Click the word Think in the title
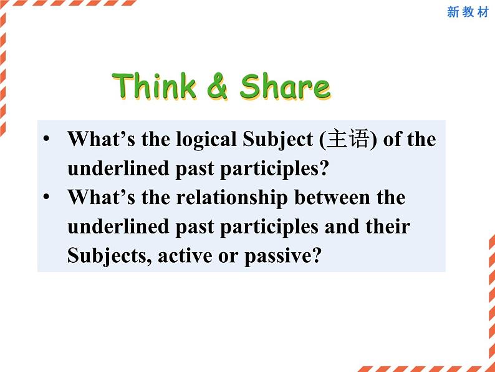click(x=155, y=86)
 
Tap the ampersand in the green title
click(x=218, y=87)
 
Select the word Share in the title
click(x=285, y=87)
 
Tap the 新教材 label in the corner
click(x=468, y=12)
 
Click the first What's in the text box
click(x=102, y=139)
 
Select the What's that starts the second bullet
click(x=102, y=197)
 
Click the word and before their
click(x=342, y=226)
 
